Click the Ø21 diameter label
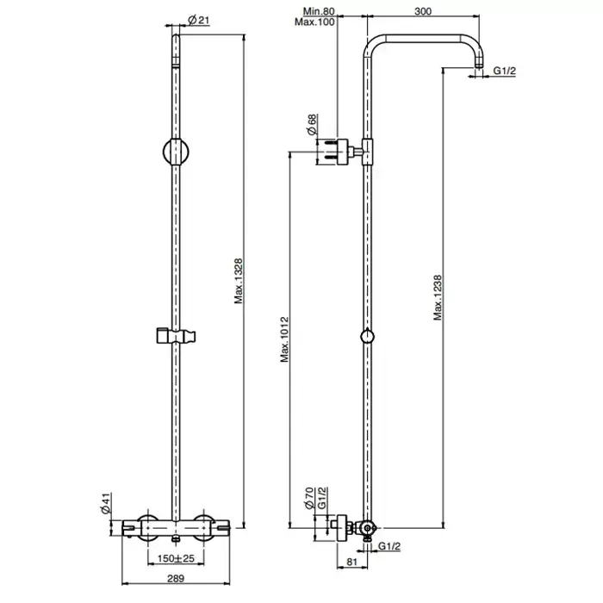(x=199, y=20)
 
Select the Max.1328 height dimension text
(x=239, y=281)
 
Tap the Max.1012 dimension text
(x=284, y=339)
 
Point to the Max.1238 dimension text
(x=438, y=298)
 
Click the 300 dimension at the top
(x=423, y=11)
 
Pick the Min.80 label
(x=319, y=11)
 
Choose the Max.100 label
(x=314, y=22)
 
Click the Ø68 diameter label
(x=312, y=124)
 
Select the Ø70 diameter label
(x=309, y=499)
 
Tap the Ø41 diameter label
(x=106, y=503)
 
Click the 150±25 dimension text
(x=176, y=558)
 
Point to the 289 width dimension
(x=176, y=578)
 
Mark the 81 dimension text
(x=352, y=562)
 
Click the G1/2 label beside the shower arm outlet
(x=505, y=71)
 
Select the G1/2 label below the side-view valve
(x=389, y=545)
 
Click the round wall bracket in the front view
(x=176, y=152)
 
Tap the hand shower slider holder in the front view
(x=176, y=336)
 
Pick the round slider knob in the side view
(x=368, y=336)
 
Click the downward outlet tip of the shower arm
(x=479, y=66)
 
